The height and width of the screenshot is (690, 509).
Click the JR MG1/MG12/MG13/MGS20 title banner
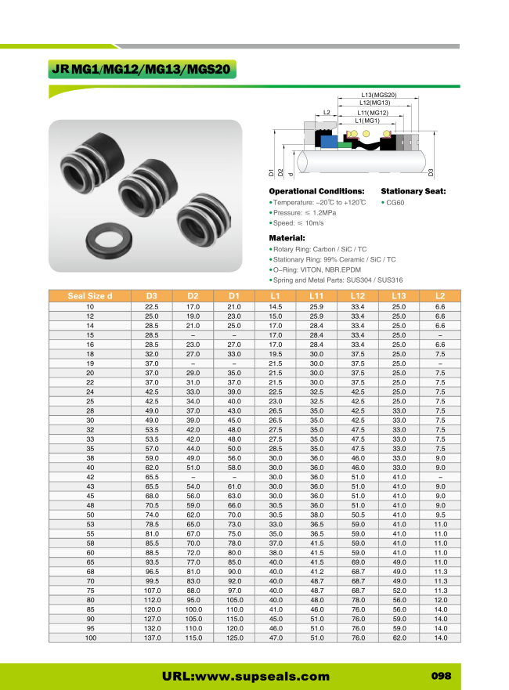(x=141, y=70)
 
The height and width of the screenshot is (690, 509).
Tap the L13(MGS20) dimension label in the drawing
(x=379, y=95)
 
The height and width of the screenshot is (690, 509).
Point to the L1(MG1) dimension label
(x=367, y=121)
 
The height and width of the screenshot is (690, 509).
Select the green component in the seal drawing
(x=343, y=145)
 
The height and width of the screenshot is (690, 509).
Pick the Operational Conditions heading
(x=316, y=191)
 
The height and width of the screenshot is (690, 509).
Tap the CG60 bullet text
(x=395, y=202)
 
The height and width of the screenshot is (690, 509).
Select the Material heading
(x=287, y=237)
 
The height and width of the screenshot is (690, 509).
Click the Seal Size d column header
(x=90, y=295)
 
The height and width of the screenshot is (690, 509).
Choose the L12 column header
(x=358, y=295)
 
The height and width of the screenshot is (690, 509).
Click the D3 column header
(x=152, y=295)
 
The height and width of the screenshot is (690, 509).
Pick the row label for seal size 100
(x=90, y=638)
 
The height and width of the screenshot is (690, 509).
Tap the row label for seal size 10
(x=90, y=306)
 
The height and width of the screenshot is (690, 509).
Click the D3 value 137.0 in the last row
(x=152, y=638)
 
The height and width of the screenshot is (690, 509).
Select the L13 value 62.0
(x=399, y=638)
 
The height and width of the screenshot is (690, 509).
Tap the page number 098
(x=442, y=676)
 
